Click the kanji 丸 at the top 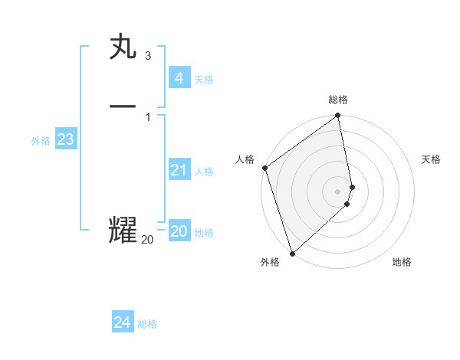pyautogui.click(x=123, y=47)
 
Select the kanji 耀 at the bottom pyautogui.click(x=123, y=231)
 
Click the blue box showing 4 pyautogui.click(x=179, y=78)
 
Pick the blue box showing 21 pyautogui.click(x=179, y=170)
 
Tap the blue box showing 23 pyautogui.click(x=65, y=139)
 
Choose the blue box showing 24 pyautogui.click(x=123, y=322)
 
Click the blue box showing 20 pyautogui.click(x=179, y=231)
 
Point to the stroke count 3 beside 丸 pyautogui.click(x=148, y=56)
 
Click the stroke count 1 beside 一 pyautogui.click(x=148, y=116)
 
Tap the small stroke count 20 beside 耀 pyautogui.click(x=147, y=240)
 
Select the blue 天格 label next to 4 pyautogui.click(x=204, y=80)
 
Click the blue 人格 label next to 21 pyautogui.click(x=204, y=172)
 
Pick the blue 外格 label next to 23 pyautogui.click(x=41, y=141)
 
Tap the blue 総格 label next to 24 pyautogui.click(x=147, y=324)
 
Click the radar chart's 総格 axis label pyautogui.click(x=338, y=100)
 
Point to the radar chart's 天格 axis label pyautogui.click(x=432, y=159)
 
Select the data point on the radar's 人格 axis pyautogui.click(x=264, y=168)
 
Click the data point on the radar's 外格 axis pyautogui.click(x=291, y=253)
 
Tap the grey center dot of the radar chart pyautogui.click(x=338, y=191)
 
